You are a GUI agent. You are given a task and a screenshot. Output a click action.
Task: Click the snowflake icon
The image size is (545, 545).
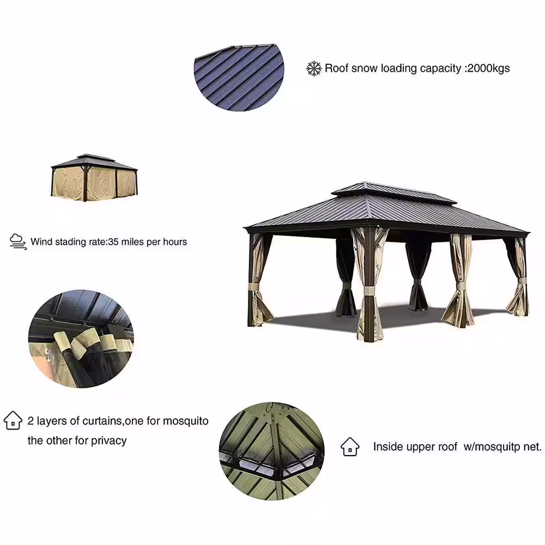314,68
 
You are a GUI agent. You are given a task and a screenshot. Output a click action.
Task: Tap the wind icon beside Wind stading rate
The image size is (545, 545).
18,241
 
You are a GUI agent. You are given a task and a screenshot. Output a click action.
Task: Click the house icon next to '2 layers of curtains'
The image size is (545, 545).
13,421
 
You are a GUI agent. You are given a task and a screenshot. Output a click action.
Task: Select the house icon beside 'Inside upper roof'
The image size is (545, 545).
350,446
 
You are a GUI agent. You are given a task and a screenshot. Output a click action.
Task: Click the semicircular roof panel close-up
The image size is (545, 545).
240,76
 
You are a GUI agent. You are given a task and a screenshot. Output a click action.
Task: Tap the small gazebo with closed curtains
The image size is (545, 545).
95,178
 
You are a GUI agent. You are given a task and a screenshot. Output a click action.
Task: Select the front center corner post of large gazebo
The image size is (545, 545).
369,283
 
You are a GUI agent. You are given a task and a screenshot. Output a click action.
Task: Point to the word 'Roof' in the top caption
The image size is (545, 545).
336,68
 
